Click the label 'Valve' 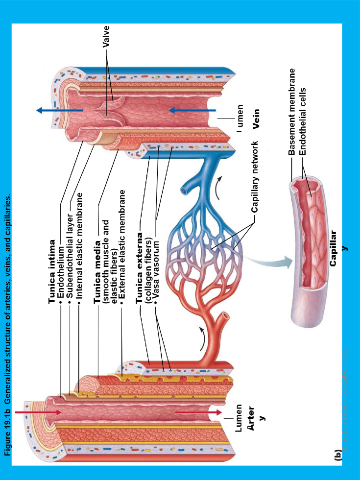(106, 37)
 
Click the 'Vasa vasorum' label (156, 270)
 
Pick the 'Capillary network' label (255, 177)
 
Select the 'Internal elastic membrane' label (79, 246)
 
